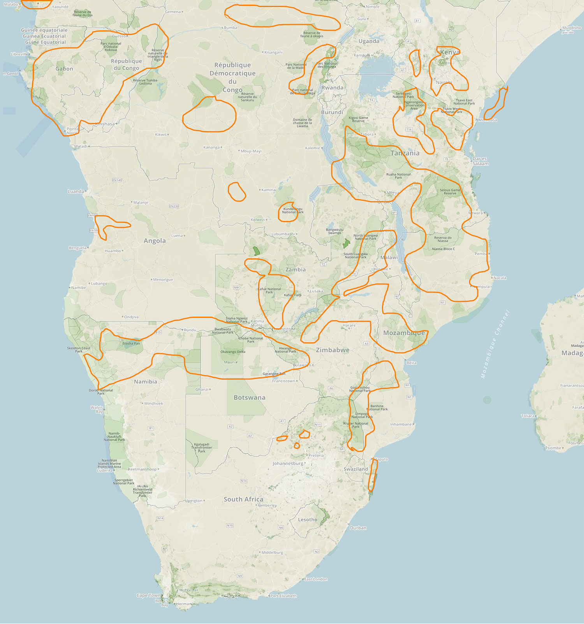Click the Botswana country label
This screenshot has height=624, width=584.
pos(249,398)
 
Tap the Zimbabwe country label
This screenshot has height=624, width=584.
pos(332,350)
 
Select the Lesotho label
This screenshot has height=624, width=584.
pos(307,520)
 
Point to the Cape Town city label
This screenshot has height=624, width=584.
pos(148,595)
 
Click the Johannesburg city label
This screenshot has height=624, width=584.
pos(288,464)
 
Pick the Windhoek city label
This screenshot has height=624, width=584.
pos(153,403)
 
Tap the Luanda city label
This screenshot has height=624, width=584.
pos(76,191)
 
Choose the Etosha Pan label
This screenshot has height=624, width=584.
pos(131,344)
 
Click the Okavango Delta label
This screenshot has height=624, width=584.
pos(233,352)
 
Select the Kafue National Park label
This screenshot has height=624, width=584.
pos(269,290)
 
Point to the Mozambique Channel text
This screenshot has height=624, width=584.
pos(495,344)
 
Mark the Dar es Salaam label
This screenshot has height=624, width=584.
pos(480,161)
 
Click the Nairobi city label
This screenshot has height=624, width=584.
pos(444,82)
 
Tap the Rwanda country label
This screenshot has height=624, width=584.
pos(332,88)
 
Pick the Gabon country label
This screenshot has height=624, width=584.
pos(64,69)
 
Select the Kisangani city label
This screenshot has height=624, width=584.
pos(274,52)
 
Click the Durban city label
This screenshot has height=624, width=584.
pos(358,528)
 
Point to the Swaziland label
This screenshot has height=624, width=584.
pos(355,469)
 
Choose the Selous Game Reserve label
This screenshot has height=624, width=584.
pos(450,191)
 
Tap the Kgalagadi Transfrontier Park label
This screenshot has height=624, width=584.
pos(202,447)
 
